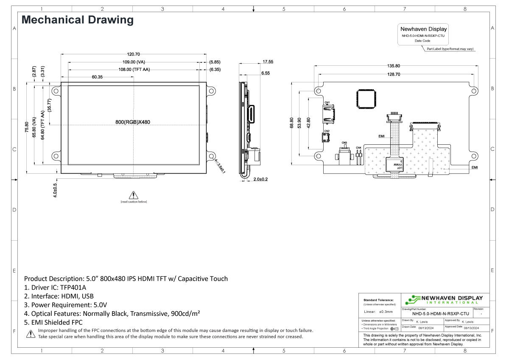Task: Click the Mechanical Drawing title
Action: click(x=77, y=20)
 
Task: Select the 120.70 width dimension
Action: click(x=133, y=54)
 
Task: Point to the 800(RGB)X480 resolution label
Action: click(x=133, y=122)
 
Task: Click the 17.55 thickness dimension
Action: click(x=268, y=62)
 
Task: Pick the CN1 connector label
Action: click(x=327, y=102)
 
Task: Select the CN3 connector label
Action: click(x=344, y=143)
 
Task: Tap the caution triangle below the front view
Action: click(x=134, y=195)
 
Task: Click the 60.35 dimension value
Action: click(x=97, y=77)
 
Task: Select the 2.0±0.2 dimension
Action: click(x=260, y=180)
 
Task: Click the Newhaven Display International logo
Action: click(x=444, y=299)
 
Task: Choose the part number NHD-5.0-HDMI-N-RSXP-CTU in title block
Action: click(x=440, y=314)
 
